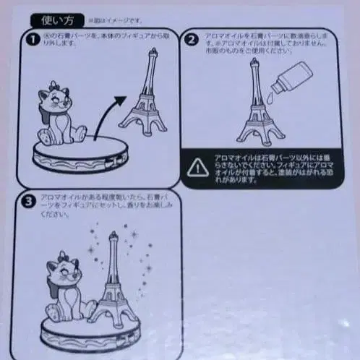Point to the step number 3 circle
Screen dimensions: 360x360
(27, 202)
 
